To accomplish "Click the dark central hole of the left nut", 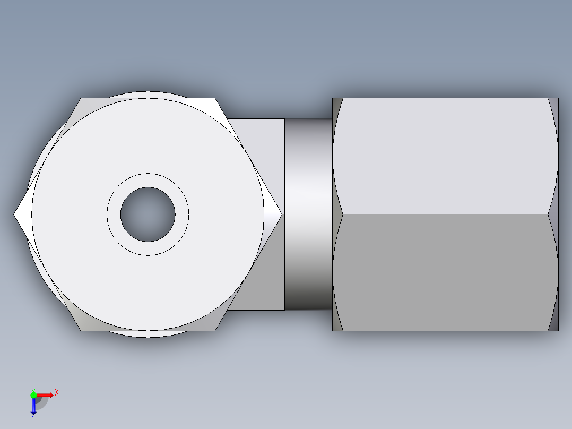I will (x=148, y=214).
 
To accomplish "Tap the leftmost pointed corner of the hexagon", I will (x=14, y=214).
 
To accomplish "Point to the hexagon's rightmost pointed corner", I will (x=282, y=214).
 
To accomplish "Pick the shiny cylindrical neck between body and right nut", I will (x=308, y=214).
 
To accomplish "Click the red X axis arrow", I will (x=46, y=394).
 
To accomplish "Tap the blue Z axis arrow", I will (x=33, y=407).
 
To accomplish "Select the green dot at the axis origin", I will (x=33, y=394).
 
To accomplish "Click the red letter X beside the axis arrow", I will (x=57, y=392).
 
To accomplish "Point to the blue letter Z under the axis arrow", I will (x=33, y=417).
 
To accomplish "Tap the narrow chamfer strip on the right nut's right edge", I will (x=553, y=214).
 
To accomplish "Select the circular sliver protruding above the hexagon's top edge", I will (x=148, y=95).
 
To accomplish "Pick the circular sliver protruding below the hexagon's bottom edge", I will (x=148, y=334).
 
